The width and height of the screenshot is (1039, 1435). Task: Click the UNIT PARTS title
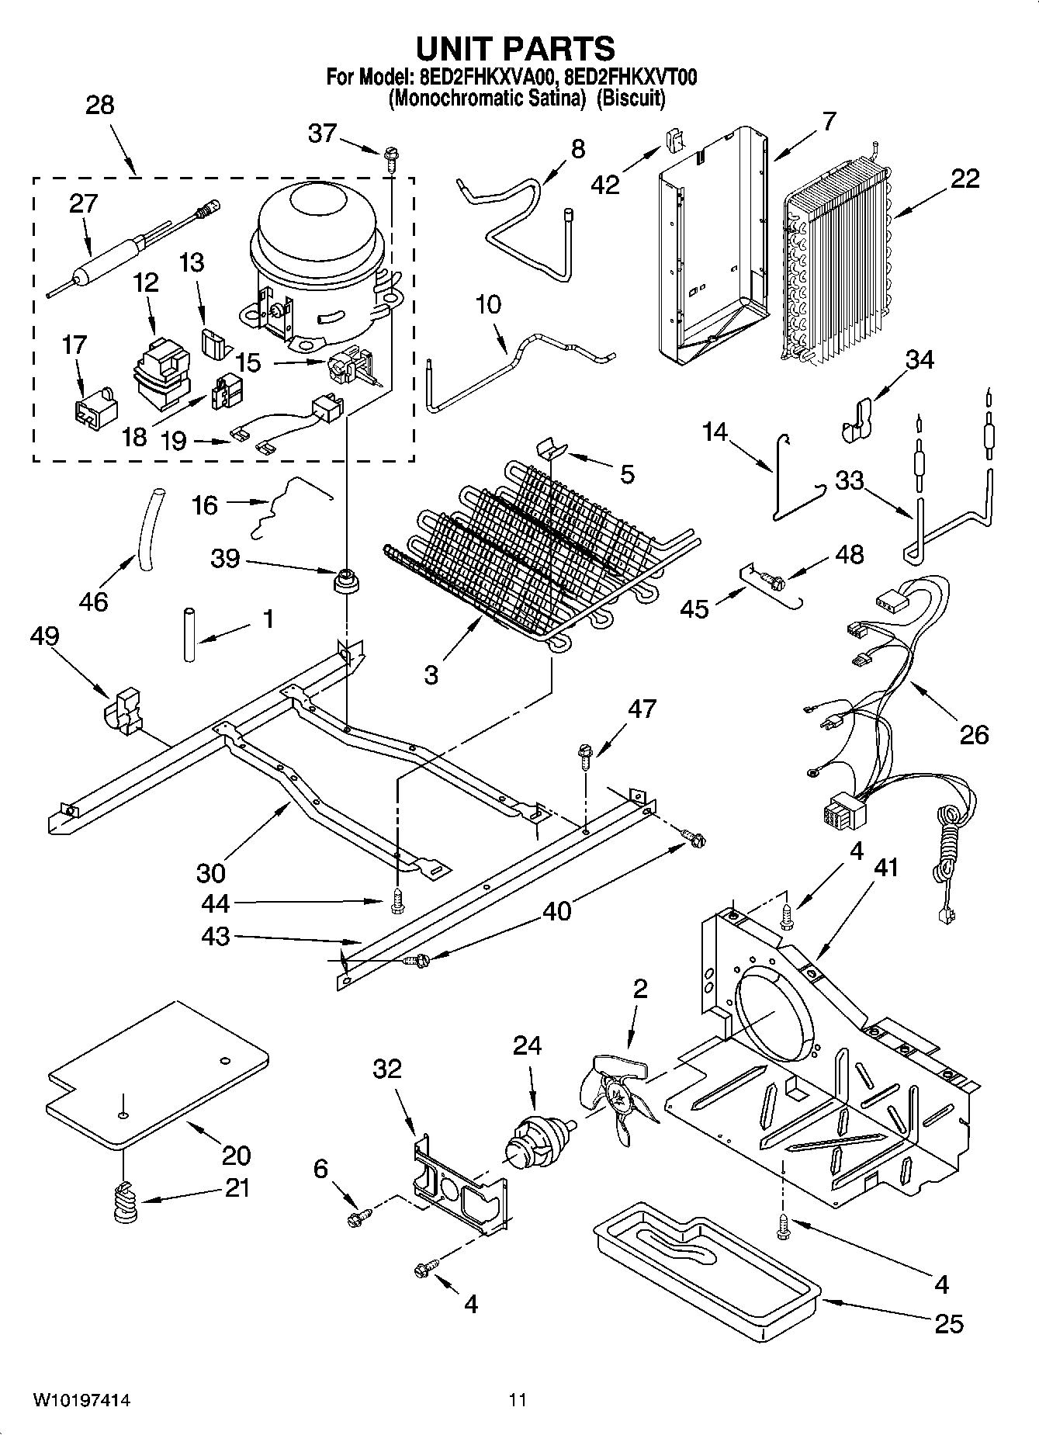tap(515, 48)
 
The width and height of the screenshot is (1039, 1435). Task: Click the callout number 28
tap(99, 105)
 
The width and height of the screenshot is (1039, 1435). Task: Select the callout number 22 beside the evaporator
tap(964, 179)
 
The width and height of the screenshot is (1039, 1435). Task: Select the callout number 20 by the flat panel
tap(236, 1154)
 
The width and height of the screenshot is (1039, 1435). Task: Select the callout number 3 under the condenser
tap(431, 674)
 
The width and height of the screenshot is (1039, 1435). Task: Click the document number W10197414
tap(81, 1400)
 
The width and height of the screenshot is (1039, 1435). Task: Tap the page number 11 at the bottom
tap(518, 1400)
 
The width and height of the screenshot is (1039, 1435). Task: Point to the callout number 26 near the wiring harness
tap(974, 733)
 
